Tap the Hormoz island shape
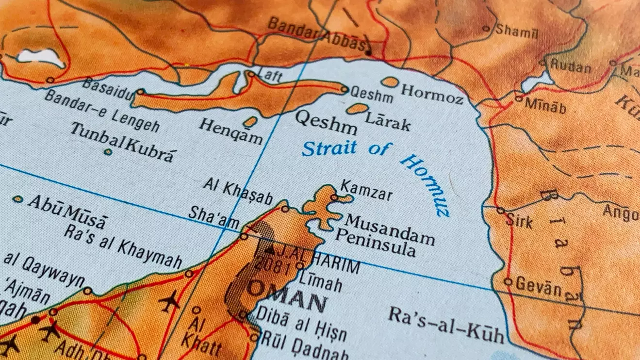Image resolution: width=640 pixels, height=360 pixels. click(x=389, y=82)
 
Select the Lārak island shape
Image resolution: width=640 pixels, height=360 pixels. click(x=357, y=109)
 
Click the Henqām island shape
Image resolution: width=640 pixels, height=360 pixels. click(x=250, y=121)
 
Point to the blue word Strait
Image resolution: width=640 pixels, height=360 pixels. click(x=328, y=148)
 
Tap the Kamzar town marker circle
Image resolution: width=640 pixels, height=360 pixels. click(x=334, y=197)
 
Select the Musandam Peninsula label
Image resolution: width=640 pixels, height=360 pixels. click(x=383, y=236)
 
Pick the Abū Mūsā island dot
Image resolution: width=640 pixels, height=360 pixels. click(x=18, y=199)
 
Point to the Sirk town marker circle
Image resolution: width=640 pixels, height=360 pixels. click(x=500, y=211)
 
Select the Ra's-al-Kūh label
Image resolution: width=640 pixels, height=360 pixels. click(x=446, y=325)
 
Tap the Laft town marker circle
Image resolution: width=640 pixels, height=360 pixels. click(x=251, y=74)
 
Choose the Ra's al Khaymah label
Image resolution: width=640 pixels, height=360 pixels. click(x=123, y=246)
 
